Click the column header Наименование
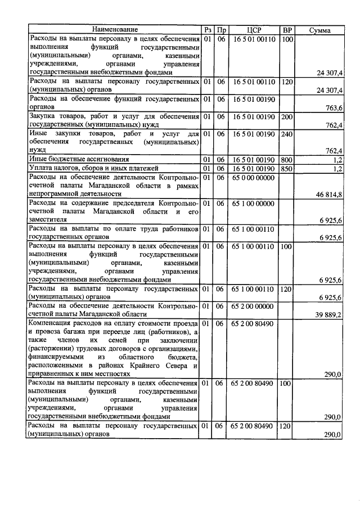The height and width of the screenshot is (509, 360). click(x=115, y=29)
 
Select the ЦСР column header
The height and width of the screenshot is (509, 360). click(x=253, y=29)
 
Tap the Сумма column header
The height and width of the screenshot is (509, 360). click(x=320, y=30)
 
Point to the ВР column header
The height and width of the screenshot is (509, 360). click(x=287, y=29)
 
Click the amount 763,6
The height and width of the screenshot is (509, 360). click(x=334, y=108)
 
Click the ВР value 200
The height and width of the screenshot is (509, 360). click(x=287, y=116)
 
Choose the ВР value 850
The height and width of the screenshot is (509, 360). click(x=287, y=168)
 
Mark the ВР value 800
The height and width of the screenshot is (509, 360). click(x=287, y=160)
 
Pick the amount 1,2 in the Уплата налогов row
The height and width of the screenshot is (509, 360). click(x=337, y=169)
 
